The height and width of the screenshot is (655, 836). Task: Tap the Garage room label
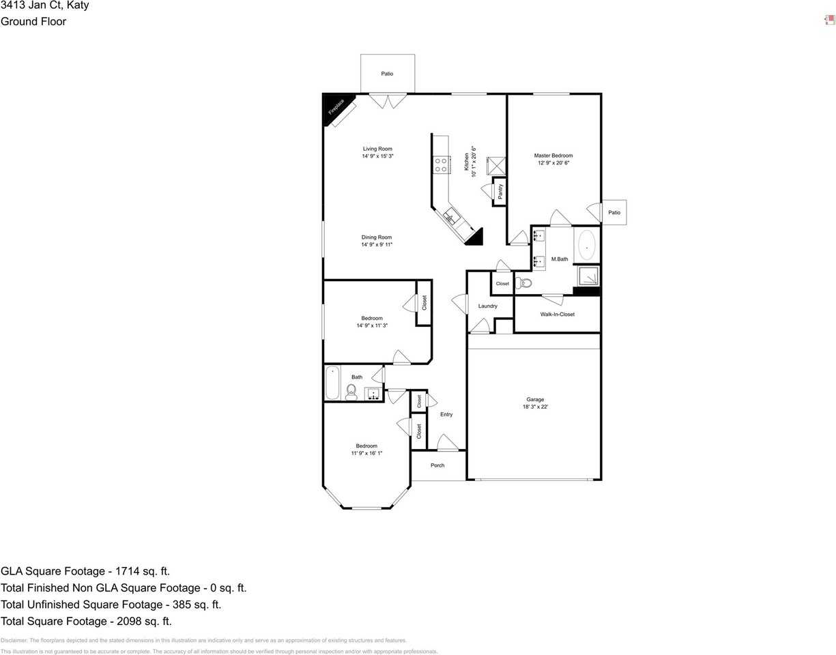click(x=535, y=400)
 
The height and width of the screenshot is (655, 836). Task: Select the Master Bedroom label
click(x=553, y=156)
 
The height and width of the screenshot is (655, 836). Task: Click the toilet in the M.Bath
click(x=523, y=283)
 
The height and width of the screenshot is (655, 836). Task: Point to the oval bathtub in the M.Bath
click(x=586, y=246)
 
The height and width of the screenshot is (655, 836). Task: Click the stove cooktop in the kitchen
click(x=441, y=164)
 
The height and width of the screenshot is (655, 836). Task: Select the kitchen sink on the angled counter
click(x=451, y=218)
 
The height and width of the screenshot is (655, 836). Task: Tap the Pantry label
click(x=500, y=192)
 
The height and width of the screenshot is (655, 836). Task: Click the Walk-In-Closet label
click(x=557, y=315)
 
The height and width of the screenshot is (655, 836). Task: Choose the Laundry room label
click(x=487, y=306)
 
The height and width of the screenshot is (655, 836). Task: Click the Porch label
click(x=437, y=465)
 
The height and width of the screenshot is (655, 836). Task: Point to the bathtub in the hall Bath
click(x=332, y=383)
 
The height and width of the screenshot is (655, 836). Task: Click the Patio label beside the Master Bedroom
click(x=614, y=213)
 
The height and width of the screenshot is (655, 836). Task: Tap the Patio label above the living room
click(x=387, y=74)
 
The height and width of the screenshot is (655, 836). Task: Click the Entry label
click(x=446, y=415)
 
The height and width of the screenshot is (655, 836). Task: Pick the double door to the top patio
click(x=388, y=101)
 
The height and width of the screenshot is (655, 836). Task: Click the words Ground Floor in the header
click(x=33, y=21)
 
